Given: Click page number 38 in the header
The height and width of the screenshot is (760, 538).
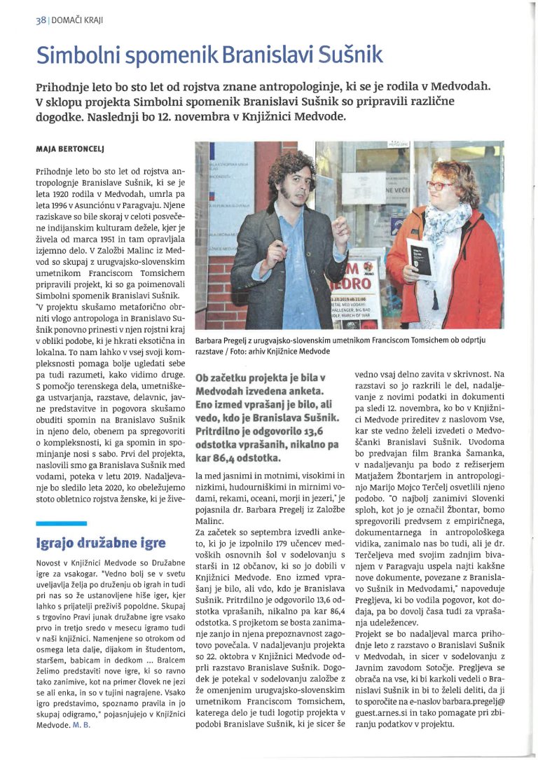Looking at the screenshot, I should [40, 20].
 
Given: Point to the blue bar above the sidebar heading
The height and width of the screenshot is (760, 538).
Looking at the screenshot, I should [61, 523].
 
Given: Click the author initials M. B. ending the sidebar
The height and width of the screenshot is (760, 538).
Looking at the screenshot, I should [81, 724].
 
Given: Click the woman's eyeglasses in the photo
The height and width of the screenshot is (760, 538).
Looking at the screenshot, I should [439, 186].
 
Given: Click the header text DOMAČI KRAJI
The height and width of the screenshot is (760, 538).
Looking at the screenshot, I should [78, 20].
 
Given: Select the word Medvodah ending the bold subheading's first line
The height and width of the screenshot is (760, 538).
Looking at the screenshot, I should [468, 86].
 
